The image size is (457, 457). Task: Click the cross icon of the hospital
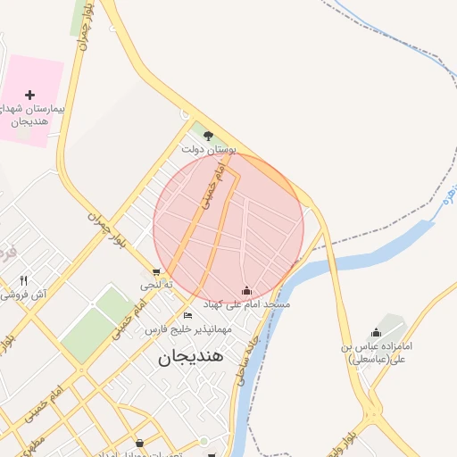(x=30, y=95)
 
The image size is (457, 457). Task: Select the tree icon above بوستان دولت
(x=208, y=137)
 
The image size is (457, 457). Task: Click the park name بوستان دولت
(x=208, y=151)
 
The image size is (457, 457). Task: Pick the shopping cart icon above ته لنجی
(x=157, y=272)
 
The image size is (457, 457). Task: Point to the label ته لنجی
(x=152, y=285)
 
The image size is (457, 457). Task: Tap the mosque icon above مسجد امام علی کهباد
(x=246, y=290)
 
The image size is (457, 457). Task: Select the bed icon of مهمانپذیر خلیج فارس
(x=187, y=315)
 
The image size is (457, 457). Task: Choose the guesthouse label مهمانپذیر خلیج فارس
(x=188, y=328)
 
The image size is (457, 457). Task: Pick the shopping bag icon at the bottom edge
(x=141, y=443)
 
